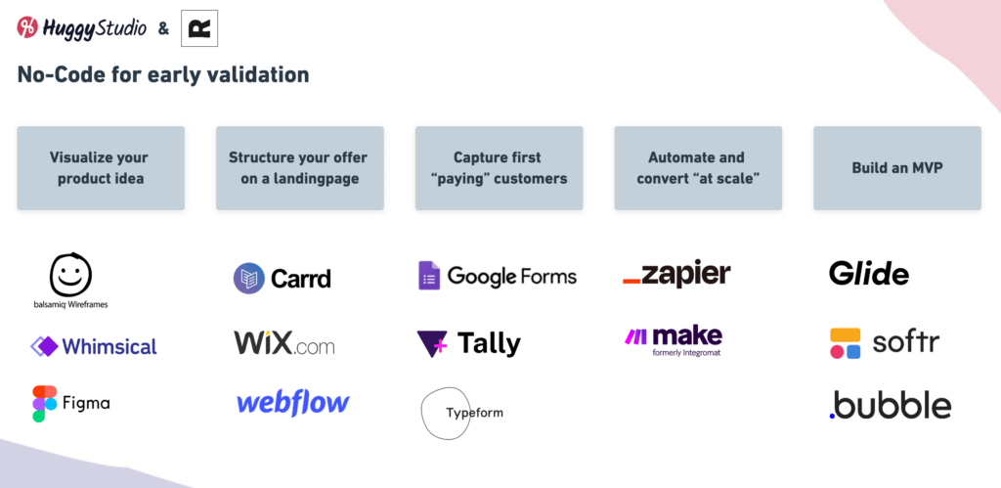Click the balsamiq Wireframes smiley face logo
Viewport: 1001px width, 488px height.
click(70, 275)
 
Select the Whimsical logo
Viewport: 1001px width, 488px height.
click(94, 346)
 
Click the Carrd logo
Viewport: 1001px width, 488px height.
click(282, 278)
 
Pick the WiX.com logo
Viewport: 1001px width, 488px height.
click(283, 344)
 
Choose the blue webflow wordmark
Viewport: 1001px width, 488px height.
click(293, 402)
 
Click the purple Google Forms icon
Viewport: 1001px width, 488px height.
click(429, 276)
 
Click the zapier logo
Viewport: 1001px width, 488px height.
click(676, 275)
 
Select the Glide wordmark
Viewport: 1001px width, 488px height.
click(868, 273)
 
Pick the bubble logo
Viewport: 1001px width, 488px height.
click(890, 404)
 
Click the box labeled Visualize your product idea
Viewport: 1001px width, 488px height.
click(101, 168)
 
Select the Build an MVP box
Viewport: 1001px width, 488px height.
click(896, 168)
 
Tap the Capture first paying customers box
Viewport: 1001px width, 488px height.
click(499, 168)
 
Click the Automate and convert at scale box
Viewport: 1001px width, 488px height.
click(698, 168)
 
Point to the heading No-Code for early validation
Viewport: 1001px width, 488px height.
click(163, 74)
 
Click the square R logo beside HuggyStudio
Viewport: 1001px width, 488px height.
click(199, 29)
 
